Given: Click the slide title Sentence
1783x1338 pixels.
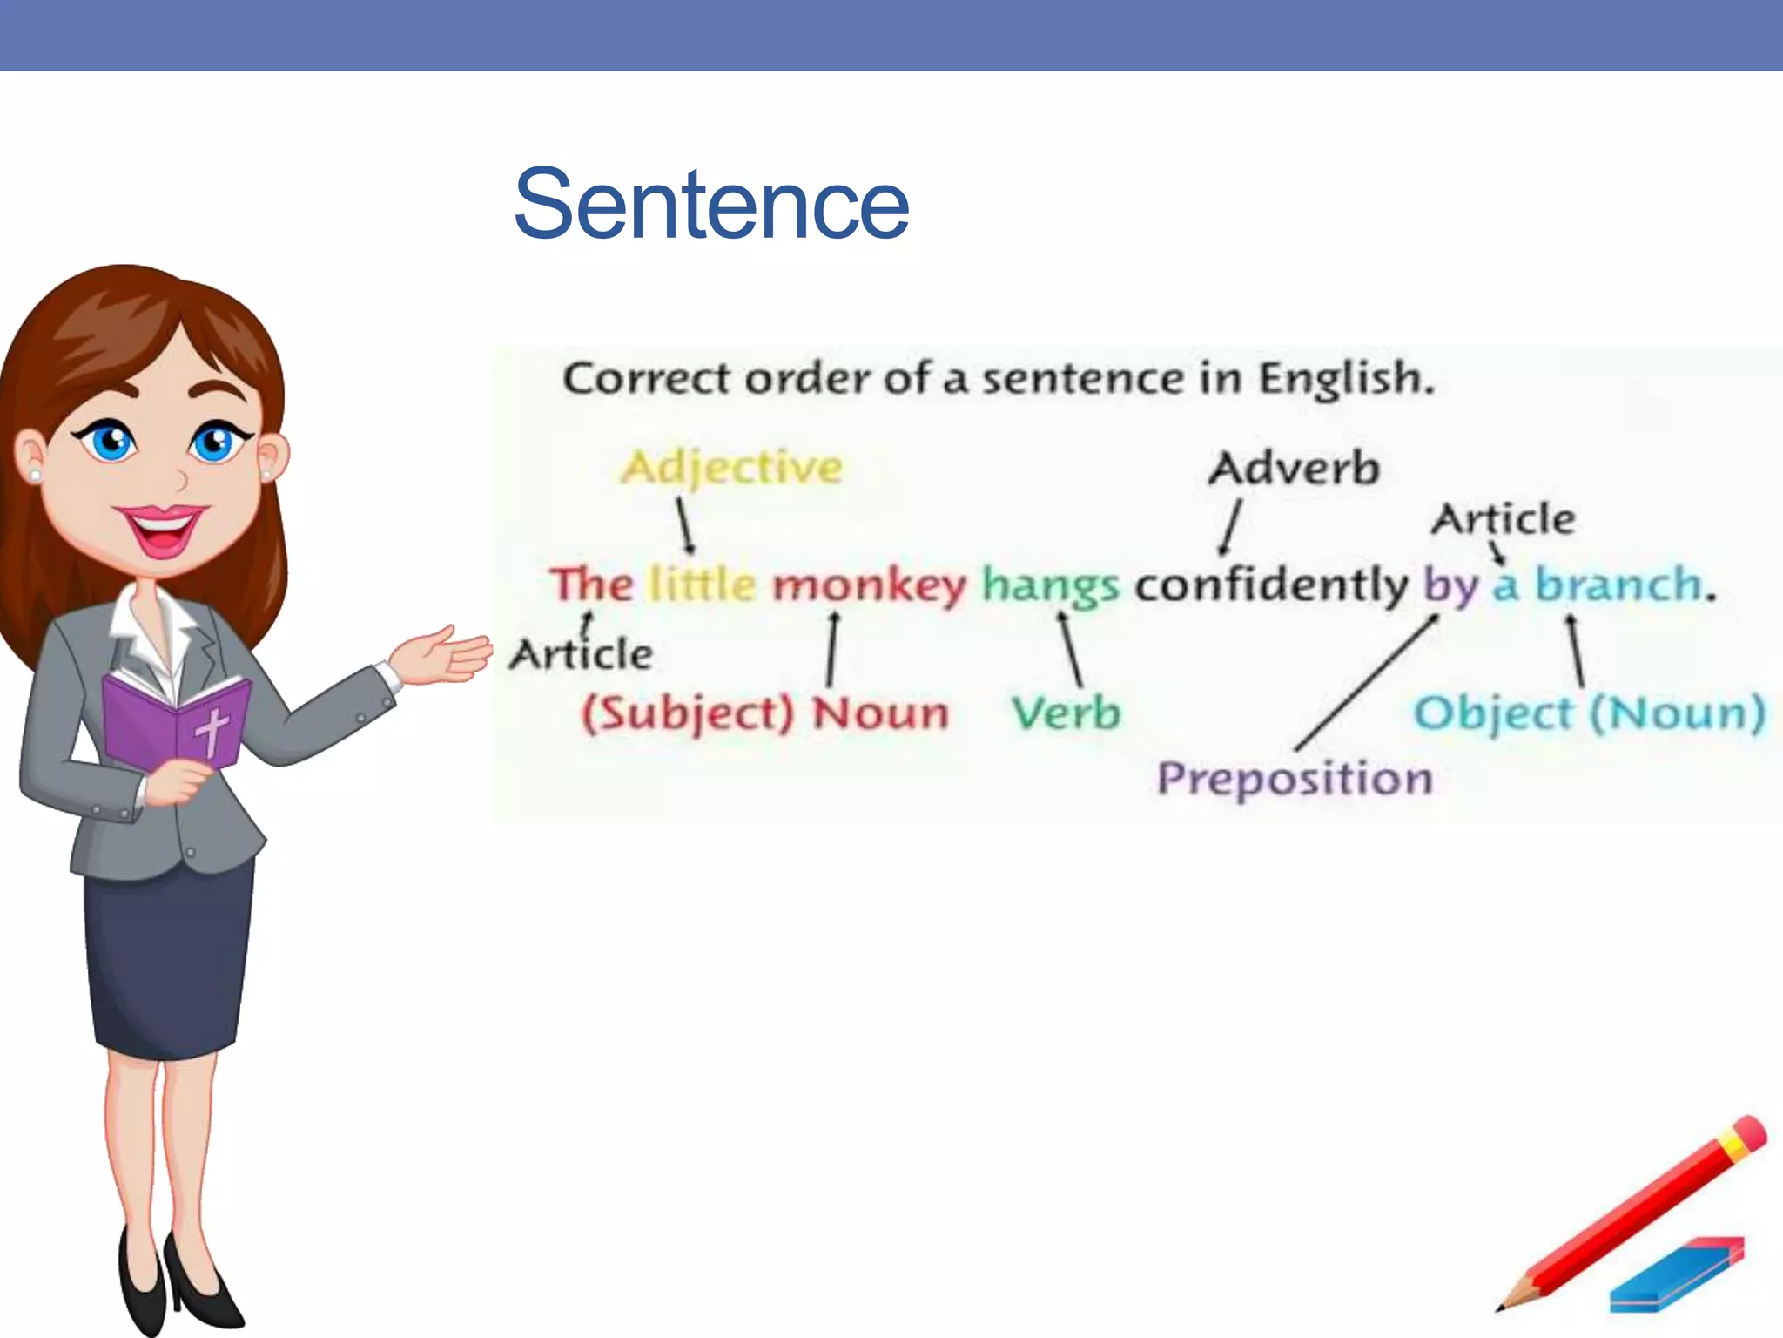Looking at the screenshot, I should (711, 204).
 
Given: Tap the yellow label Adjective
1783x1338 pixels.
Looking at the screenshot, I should (731, 468).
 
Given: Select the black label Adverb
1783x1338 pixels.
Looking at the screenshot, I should (1294, 468).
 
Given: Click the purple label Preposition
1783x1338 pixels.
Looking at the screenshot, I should (1294, 777).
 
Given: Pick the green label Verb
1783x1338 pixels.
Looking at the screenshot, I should (1066, 713).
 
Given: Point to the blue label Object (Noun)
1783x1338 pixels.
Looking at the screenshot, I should (1589, 713).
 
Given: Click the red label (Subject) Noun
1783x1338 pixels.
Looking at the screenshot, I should (764, 713).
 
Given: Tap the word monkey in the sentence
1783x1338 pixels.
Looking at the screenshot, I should (869, 585).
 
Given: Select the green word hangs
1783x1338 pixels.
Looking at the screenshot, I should (1050, 585).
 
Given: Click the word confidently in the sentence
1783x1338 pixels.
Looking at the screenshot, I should (1270, 584).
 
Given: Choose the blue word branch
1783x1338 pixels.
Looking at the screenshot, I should (1618, 584).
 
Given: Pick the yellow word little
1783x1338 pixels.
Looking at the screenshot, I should (703, 584).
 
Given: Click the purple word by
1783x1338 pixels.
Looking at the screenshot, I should (1450, 585).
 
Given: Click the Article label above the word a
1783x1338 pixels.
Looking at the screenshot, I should (1504, 519).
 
